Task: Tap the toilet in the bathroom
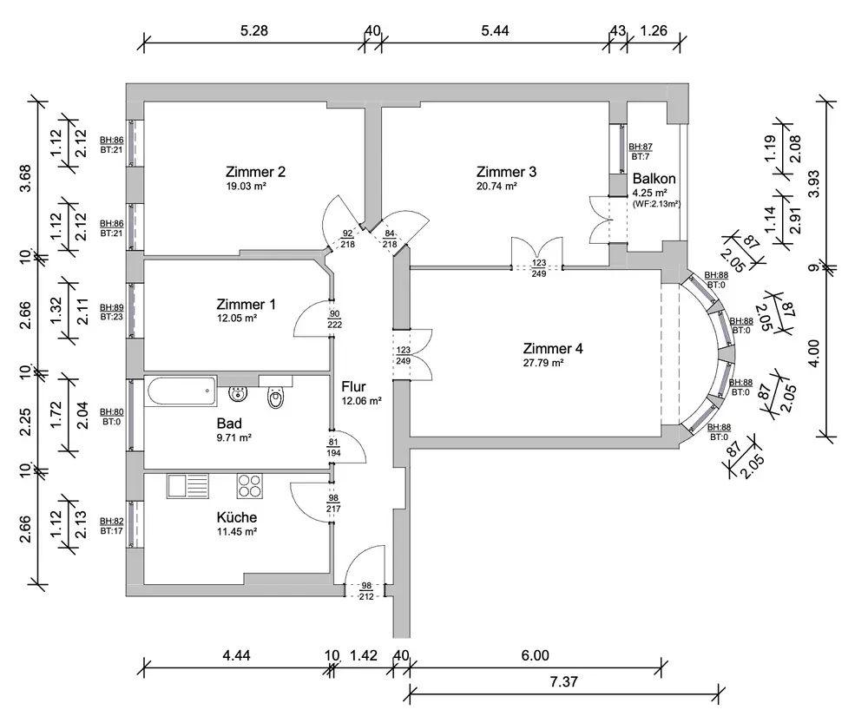coord(276,393)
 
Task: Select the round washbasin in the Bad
coord(238,393)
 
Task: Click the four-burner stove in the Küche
coord(250,485)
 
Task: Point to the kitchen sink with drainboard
coord(187,485)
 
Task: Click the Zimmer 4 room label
coord(552,348)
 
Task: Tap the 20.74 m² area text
coord(496,186)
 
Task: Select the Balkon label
coord(654,179)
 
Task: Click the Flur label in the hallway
coord(353,386)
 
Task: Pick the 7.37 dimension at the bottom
coord(563,681)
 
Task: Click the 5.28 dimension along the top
coord(254,30)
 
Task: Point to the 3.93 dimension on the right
coord(813,183)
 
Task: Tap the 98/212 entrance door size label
coord(366,591)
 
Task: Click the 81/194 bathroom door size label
coord(334,448)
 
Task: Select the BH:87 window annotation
coord(641,147)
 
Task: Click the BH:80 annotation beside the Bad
coord(111,412)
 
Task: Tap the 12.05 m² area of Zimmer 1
coord(237,319)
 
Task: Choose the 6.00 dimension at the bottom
coord(536,655)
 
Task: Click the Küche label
coord(236,517)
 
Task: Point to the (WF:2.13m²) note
coord(656,204)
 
